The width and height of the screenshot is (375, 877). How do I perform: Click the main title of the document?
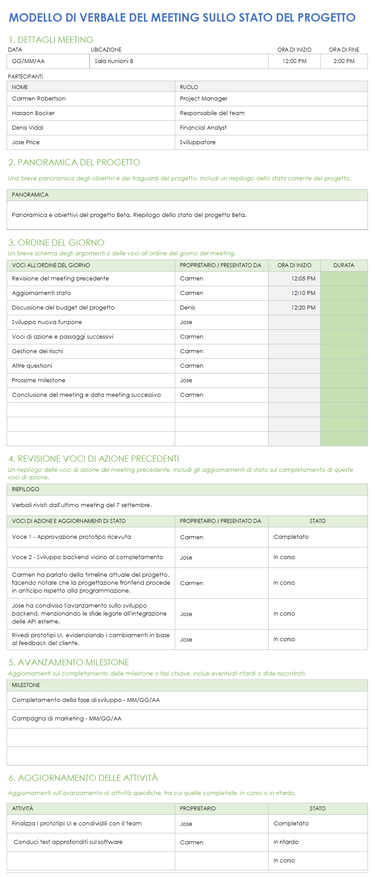(182, 18)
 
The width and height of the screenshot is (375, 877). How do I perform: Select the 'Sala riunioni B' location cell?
(114, 61)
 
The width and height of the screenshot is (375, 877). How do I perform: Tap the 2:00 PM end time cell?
(344, 61)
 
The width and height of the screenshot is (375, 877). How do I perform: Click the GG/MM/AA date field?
(28, 61)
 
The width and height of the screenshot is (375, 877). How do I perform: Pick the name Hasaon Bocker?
(33, 113)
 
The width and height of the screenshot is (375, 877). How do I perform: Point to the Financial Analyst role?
(203, 128)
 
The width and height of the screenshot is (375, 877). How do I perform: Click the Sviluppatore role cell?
(198, 142)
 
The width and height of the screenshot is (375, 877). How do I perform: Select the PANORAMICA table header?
(30, 195)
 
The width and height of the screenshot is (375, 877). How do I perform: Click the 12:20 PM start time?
(303, 308)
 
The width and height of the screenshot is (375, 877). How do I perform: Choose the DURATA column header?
(344, 265)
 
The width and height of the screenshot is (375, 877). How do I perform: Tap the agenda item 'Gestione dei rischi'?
(37, 351)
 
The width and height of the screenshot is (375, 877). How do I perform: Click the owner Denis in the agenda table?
(187, 308)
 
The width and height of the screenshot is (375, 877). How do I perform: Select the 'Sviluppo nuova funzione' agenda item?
(47, 322)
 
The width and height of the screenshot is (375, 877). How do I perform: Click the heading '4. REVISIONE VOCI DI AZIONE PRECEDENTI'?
(94, 459)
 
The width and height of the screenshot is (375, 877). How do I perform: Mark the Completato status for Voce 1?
(291, 537)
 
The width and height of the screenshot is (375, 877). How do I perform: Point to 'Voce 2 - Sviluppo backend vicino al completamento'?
(87, 557)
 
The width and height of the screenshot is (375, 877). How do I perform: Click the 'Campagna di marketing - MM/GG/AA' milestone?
(67, 719)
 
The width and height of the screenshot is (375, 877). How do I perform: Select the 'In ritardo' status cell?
(286, 842)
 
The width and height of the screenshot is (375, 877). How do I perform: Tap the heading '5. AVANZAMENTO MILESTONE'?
(69, 663)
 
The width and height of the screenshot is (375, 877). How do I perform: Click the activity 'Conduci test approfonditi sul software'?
(68, 842)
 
